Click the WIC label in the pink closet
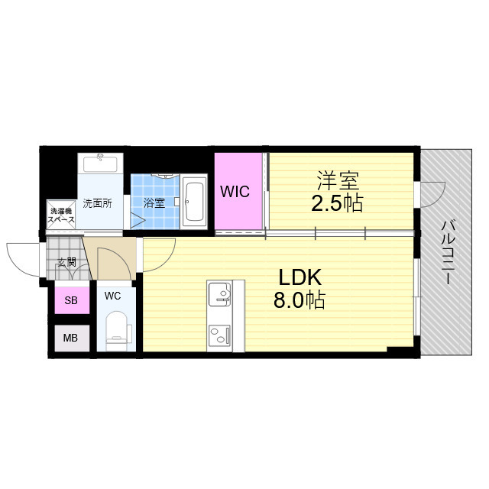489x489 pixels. click(x=235, y=191)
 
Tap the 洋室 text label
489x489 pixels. click(x=338, y=180)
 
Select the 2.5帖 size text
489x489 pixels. click(x=337, y=203)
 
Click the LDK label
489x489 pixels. click(x=300, y=277)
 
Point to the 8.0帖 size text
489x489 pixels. click(x=300, y=300)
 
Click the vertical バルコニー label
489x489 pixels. click(x=448, y=252)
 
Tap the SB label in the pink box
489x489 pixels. click(x=71, y=300)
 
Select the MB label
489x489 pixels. click(x=70, y=338)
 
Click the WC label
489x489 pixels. click(x=112, y=296)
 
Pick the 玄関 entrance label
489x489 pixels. click(x=67, y=263)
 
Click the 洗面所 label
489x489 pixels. click(x=97, y=204)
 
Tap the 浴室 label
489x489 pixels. click(x=154, y=203)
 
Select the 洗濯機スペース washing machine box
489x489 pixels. click(x=61, y=215)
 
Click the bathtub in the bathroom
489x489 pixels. click(x=194, y=202)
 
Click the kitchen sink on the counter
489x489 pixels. click(x=219, y=294)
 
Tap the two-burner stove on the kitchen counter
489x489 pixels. click(x=219, y=335)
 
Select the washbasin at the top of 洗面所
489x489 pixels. click(x=100, y=163)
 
